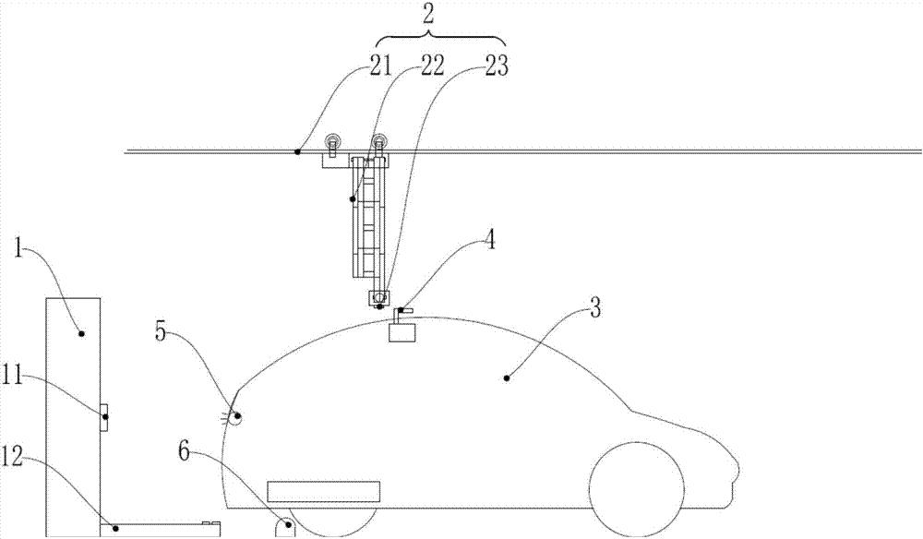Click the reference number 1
click(x=18, y=249)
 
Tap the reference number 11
click(x=12, y=376)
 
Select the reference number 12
click(x=13, y=456)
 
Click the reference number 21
click(x=379, y=66)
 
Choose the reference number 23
click(x=497, y=66)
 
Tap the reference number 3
click(x=595, y=307)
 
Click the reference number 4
click(x=488, y=241)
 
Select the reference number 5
click(x=162, y=332)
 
